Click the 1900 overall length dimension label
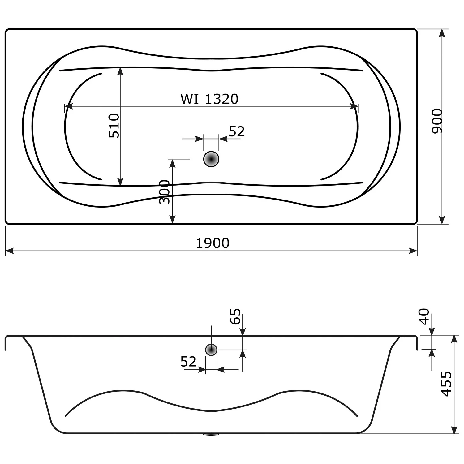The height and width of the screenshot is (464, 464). [213, 243]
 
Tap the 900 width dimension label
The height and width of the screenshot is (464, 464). [437, 121]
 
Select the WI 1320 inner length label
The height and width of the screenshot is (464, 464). [209, 99]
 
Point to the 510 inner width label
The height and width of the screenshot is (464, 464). [114, 126]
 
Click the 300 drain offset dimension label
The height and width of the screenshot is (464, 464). [165, 192]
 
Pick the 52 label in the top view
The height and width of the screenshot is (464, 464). [237, 132]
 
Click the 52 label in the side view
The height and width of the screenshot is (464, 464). [188, 362]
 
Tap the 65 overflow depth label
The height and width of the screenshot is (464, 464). [235, 316]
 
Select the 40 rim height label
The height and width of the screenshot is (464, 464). [424, 316]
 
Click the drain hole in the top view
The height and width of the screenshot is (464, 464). [211, 159]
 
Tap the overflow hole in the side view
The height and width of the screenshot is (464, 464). [211, 350]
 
